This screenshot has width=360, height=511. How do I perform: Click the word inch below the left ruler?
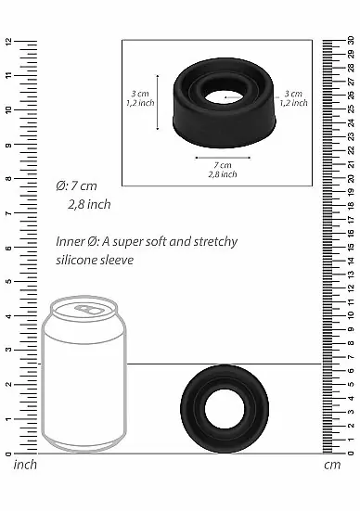[24, 464]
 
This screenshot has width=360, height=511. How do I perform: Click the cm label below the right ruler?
[333, 464]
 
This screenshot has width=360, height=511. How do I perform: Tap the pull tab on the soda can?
[89, 309]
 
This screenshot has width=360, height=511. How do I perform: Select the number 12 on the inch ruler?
[7, 43]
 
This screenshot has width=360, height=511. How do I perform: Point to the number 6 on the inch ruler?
[7, 249]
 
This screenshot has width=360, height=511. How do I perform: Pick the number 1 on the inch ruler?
[7, 419]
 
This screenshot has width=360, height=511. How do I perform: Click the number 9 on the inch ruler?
[7, 146]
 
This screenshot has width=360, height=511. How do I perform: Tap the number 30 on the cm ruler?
[351, 41]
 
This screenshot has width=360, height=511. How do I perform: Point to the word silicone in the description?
[77, 260]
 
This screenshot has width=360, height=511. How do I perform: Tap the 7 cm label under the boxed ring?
[223, 166]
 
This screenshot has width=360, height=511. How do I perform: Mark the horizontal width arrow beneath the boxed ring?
[223, 156]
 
